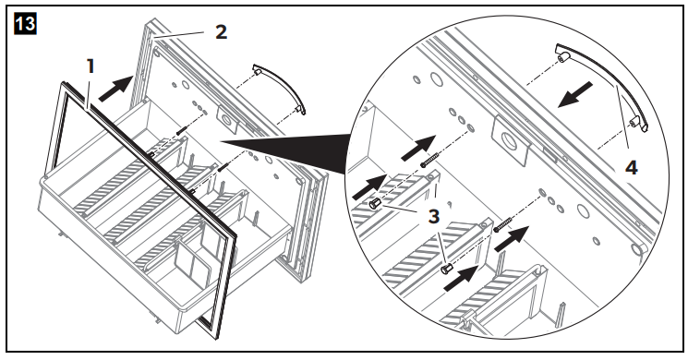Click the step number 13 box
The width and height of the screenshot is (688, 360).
tap(25, 24)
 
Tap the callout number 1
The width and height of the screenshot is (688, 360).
tap(91, 66)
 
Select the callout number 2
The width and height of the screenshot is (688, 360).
tap(221, 32)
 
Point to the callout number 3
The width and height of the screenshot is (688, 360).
tap(433, 216)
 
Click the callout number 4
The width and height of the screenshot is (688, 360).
tap(631, 168)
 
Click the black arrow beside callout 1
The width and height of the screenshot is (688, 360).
tap(115, 89)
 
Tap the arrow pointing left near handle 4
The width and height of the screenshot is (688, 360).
tap(574, 94)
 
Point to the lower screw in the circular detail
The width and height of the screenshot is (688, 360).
tap(502, 223)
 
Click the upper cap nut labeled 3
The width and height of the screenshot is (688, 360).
tap(375, 204)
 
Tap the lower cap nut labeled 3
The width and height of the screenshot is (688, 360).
tap(447, 268)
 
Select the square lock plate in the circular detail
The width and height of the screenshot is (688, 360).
tap(511, 140)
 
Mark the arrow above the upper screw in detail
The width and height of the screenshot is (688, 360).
tap(418, 148)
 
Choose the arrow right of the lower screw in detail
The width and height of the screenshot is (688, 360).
tap(513, 238)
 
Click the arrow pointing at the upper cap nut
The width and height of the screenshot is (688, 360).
tap(369, 186)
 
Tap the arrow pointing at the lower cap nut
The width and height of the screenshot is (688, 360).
tap(462, 278)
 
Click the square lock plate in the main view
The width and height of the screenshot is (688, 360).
tap(228, 119)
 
